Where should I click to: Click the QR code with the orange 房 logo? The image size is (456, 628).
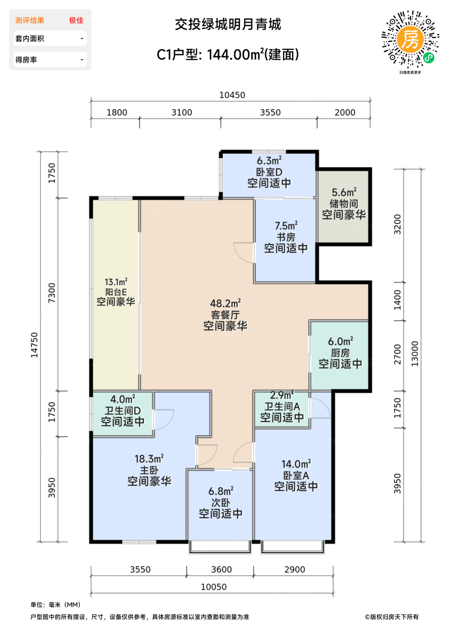[410, 39]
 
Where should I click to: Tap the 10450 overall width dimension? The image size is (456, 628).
[232, 95]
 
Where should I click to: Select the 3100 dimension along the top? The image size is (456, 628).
[182, 113]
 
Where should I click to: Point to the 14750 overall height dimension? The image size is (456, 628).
[34, 345]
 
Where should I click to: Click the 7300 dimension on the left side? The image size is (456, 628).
[52, 293]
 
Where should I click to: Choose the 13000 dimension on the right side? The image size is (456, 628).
[414, 353]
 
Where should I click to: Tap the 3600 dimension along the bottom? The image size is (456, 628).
[221, 569]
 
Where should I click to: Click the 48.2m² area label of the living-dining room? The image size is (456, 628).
[226, 303]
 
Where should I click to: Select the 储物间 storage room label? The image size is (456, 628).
[344, 203]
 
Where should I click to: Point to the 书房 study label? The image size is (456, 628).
[286, 237]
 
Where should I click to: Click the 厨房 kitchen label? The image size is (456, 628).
[340, 353]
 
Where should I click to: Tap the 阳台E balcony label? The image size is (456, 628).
[116, 292]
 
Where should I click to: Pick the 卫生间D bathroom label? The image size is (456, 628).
[123, 411]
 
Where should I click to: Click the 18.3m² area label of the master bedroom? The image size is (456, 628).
[149, 458]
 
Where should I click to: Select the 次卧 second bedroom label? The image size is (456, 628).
[221, 502]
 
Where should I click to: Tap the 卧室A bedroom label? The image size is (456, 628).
[296, 475]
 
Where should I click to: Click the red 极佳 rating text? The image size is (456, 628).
[76, 20]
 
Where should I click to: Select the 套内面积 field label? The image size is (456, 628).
[30, 39]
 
